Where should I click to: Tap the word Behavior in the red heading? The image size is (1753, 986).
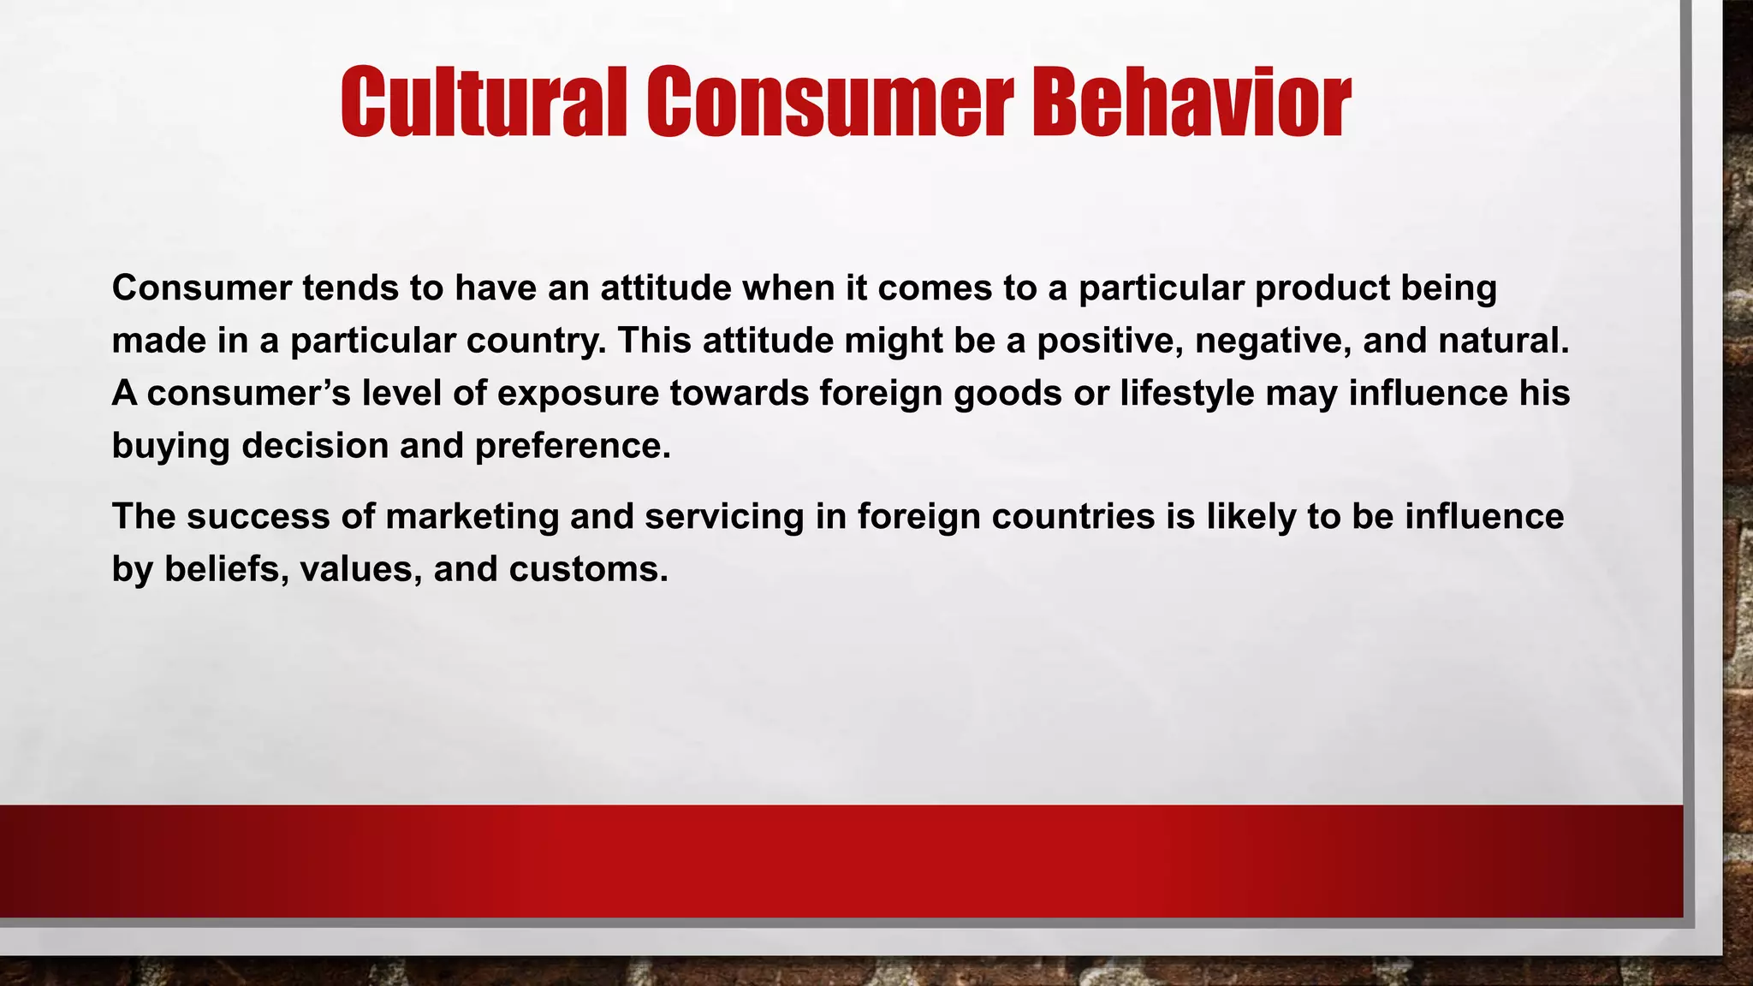pos(1191,103)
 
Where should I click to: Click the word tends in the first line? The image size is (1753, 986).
pos(350,288)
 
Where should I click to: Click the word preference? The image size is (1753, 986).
pos(572,447)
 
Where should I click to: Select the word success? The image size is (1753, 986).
pos(258,517)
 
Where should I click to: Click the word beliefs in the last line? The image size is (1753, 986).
pos(226,569)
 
